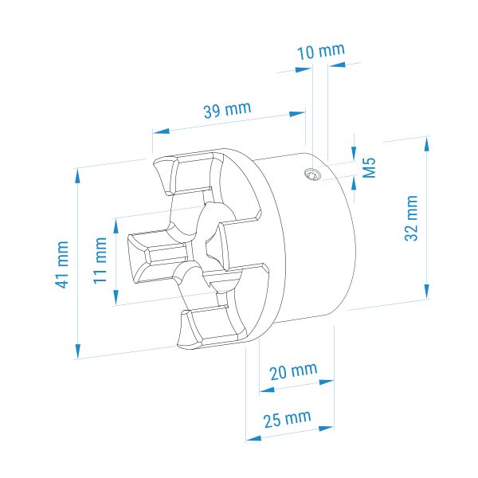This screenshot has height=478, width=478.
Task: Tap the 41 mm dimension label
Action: (x=62, y=264)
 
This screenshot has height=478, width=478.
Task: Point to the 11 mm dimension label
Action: (x=100, y=261)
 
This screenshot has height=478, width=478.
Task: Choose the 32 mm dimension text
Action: (x=411, y=218)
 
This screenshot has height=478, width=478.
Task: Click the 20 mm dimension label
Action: (x=293, y=370)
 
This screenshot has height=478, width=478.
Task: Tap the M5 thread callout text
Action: (x=370, y=167)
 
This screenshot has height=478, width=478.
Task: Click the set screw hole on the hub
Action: (x=312, y=174)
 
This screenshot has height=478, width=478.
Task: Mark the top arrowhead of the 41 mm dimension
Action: (x=78, y=176)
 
